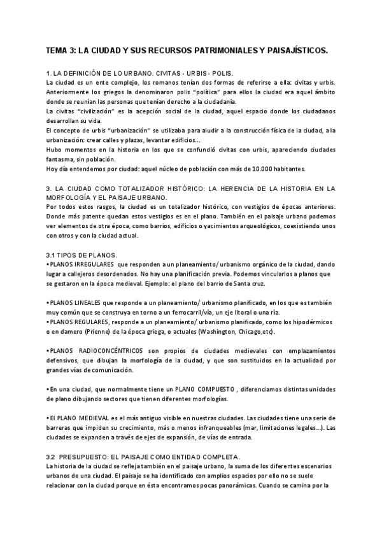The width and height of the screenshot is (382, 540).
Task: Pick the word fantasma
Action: (x=62, y=159)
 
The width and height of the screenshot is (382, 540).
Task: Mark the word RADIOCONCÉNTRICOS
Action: (x=112, y=351)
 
